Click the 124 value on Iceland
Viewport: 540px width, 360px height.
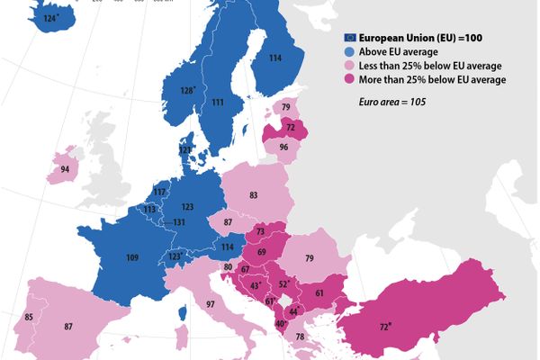[40, 17]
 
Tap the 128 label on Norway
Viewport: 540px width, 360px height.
[187, 90]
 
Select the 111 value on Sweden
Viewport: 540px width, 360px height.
[218, 103]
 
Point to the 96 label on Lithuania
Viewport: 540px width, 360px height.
[283, 147]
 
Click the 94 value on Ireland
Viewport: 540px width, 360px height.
[65, 169]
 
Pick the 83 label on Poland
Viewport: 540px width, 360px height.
[254, 195]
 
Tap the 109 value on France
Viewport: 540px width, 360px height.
[132, 258]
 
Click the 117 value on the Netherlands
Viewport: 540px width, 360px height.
[159, 193]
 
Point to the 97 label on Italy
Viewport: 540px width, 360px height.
[211, 305]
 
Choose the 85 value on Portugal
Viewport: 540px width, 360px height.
[29, 317]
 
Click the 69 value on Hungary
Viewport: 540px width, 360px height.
[262, 252]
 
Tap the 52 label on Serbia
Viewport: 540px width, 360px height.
[283, 284]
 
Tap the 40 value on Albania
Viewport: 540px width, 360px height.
[280, 324]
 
